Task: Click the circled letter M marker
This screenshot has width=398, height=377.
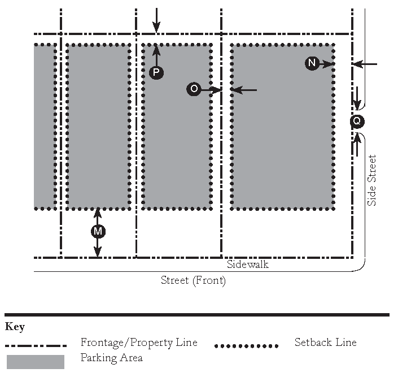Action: (98, 231)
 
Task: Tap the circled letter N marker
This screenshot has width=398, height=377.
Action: (312, 63)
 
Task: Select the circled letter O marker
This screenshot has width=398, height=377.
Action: (194, 89)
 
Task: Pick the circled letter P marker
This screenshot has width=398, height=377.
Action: (156, 72)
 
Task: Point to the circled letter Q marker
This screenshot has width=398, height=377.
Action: (357, 121)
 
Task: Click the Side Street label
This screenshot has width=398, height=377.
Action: (371, 180)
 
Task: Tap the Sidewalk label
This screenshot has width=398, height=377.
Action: (248, 264)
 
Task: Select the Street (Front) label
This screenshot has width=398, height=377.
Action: (193, 280)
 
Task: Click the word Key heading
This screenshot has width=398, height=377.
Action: (15, 327)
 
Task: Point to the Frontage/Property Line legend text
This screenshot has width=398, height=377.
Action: (139, 343)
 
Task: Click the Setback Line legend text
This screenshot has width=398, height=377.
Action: (326, 343)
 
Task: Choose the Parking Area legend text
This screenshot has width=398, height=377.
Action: (111, 358)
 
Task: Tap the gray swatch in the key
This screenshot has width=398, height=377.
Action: (36, 362)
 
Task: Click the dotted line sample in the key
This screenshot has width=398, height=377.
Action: (247, 345)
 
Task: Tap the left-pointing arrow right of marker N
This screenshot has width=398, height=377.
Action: (365, 64)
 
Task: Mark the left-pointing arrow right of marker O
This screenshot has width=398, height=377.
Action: (244, 89)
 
